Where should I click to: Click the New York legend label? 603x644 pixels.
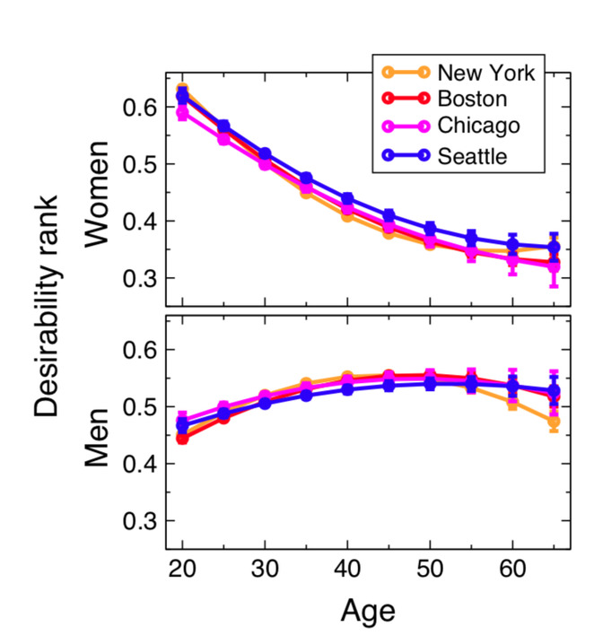(x=486, y=73)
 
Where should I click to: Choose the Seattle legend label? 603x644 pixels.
(x=473, y=155)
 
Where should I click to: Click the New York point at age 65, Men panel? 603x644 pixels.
(x=554, y=422)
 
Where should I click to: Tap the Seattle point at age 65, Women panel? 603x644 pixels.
(x=554, y=247)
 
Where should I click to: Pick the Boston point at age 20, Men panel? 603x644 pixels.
(x=183, y=438)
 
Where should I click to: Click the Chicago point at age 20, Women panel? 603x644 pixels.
(x=183, y=113)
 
